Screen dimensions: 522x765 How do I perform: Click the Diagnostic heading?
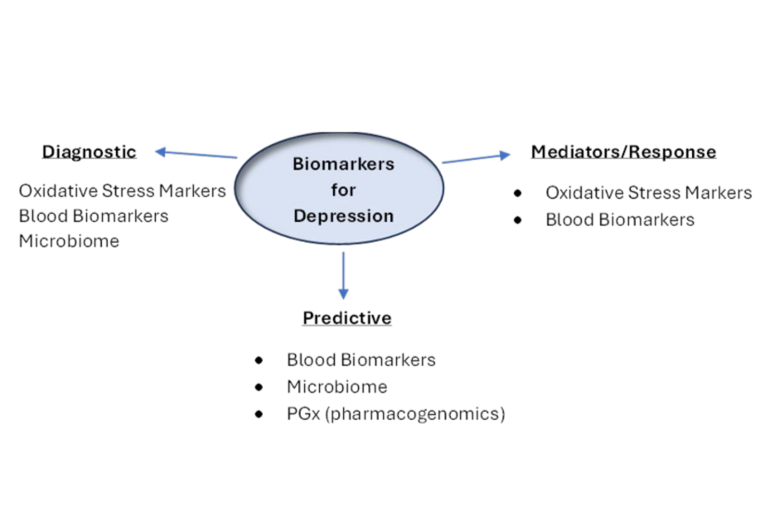point(89,152)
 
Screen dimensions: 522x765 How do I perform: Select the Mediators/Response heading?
point(623,152)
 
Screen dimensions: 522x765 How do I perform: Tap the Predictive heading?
point(346,318)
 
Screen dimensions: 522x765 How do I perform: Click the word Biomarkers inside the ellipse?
point(343,164)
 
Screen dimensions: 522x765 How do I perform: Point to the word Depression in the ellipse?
point(343,216)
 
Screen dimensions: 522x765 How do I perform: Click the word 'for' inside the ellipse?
point(343,191)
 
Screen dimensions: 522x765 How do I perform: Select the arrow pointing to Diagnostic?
point(196,154)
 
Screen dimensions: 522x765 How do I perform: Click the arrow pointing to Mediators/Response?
point(476,158)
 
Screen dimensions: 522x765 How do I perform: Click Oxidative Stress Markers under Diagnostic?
point(122,191)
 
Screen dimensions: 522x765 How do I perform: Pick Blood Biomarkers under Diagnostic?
point(94,216)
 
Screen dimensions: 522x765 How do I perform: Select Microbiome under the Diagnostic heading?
point(69,242)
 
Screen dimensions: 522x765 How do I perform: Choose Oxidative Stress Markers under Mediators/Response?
point(648,193)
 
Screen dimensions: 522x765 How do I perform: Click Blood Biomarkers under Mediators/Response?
point(620,220)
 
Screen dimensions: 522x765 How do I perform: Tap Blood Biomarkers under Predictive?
point(361,360)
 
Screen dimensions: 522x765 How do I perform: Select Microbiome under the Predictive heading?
point(337,387)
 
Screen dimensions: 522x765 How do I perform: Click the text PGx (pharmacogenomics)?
point(395,413)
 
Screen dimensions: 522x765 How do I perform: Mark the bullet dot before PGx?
point(259,413)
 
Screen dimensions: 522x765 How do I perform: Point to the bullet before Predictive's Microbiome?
point(259,387)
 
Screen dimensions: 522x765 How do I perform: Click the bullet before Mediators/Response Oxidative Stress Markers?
point(518,193)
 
